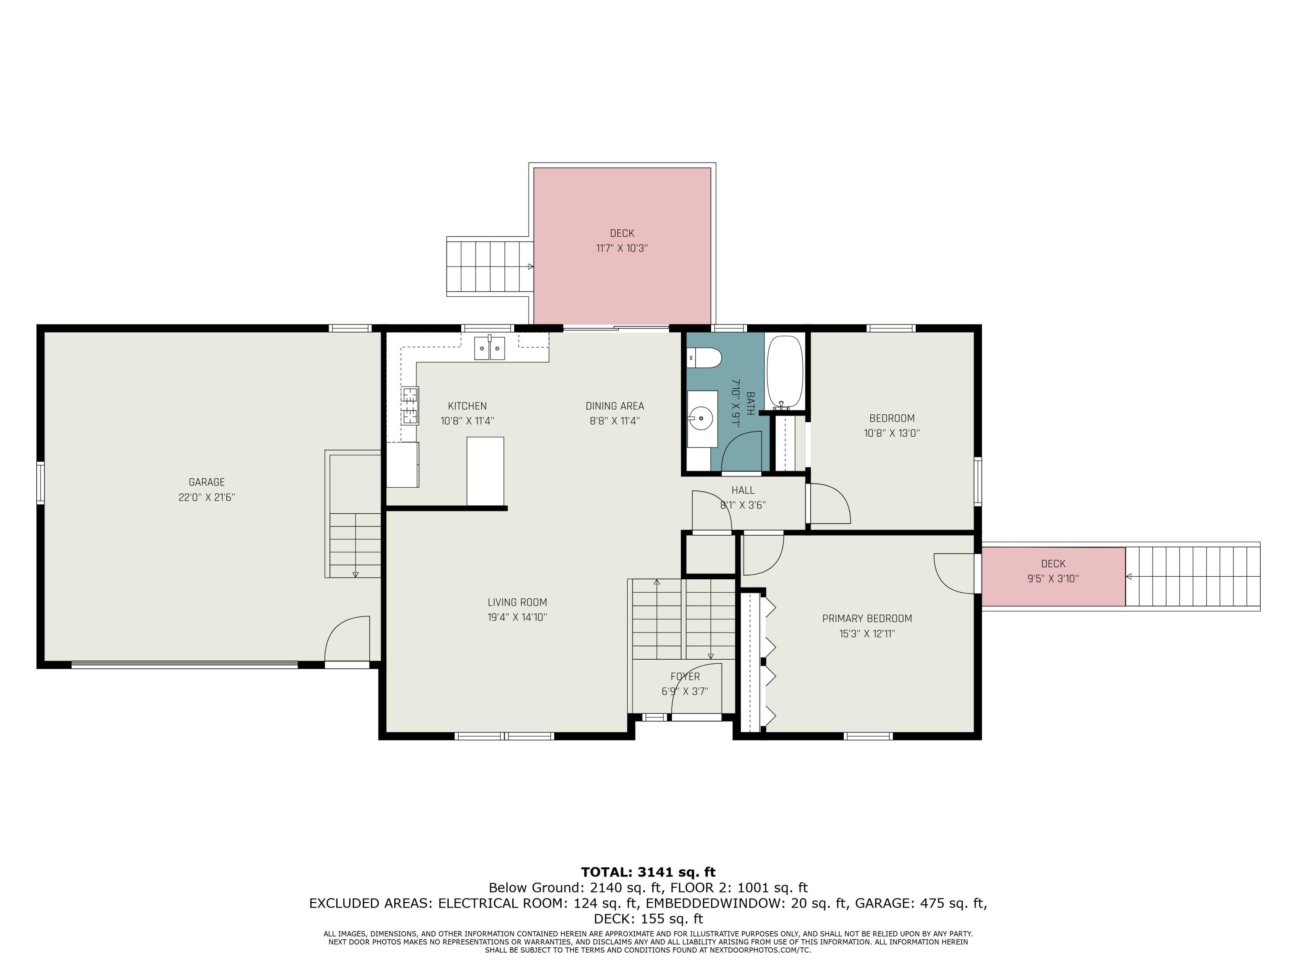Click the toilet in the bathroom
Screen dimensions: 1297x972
tap(704, 357)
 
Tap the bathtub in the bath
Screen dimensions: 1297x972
tap(785, 372)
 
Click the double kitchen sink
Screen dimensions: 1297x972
tap(489, 348)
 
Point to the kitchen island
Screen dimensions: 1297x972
tap(485, 470)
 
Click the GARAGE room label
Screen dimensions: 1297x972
tap(206, 482)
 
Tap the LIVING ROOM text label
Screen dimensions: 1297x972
tap(517, 602)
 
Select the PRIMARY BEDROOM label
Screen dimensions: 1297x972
tap(867, 619)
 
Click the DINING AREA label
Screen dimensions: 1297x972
tap(614, 406)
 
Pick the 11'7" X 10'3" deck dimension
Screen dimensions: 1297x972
tap(622, 248)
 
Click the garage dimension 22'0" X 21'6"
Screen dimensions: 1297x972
tap(206, 497)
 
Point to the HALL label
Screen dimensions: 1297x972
tap(743, 490)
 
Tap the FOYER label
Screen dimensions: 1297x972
tap(685, 677)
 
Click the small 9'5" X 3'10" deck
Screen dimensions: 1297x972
tap(1053, 577)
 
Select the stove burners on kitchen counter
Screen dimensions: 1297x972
tap(410, 406)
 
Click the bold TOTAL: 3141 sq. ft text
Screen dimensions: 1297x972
tap(648, 872)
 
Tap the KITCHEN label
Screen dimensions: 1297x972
tap(467, 406)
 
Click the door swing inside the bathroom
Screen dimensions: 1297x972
tap(741, 451)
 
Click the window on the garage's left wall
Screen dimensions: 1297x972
tap(41, 483)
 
